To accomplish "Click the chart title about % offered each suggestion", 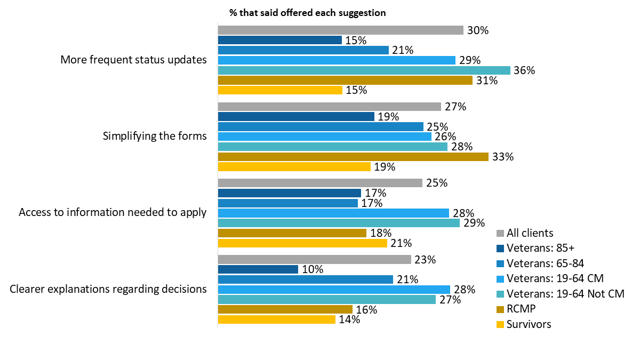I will pyautogui.click(x=307, y=12).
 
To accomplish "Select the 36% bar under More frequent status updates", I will pyautogui.click(x=364, y=70).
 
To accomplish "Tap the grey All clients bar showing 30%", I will pyautogui.click(x=340, y=30).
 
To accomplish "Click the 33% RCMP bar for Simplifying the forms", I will pyautogui.click(x=353, y=157).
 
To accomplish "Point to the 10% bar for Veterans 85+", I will pyautogui.click(x=258, y=269).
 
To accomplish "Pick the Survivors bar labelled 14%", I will pyautogui.click(x=276, y=319).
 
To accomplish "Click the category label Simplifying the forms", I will pyautogui.click(x=154, y=136).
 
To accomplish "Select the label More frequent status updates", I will pyautogui.click(x=133, y=60).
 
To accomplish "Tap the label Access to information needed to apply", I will pyautogui.click(x=113, y=212).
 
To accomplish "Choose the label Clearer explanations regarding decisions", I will pyautogui.click(x=108, y=289).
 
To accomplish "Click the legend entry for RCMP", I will pyautogui.click(x=522, y=309).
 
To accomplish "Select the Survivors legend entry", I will pyautogui.click(x=529, y=324).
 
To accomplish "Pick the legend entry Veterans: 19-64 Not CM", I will pyautogui.click(x=565, y=293).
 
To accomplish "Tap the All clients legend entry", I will pyautogui.click(x=530, y=233).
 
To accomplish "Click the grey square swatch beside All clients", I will pyautogui.click(x=500, y=233).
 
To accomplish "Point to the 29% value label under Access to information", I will pyautogui.click(x=474, y=223).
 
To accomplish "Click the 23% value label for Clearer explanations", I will pyautogui.click(x=426, y=260).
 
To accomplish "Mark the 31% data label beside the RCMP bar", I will pyautogui.click(x=487, y=81).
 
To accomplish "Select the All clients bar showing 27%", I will pyautogui.click(x=329, y=107).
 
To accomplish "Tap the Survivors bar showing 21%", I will pyautogui.click(x=302, y=243).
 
